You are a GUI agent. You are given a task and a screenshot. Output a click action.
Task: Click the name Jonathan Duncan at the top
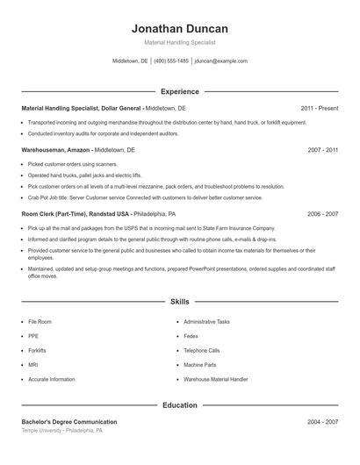click(179, 28)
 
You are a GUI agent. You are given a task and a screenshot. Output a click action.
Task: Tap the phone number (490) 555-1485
click(171, 61)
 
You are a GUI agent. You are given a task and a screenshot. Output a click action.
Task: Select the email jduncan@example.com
click(221, 61)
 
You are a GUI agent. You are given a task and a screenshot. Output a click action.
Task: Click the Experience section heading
click(179, 91)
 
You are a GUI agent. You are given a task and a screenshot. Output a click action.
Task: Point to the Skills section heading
click(179, 302)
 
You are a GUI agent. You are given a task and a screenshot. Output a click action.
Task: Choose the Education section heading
click(179, 405)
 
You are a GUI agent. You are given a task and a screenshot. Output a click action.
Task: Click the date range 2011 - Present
click(319, 108)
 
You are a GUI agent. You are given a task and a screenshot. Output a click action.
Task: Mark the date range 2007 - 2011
click(323, 150)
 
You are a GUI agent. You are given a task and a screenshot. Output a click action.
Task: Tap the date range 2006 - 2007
click(323, 213)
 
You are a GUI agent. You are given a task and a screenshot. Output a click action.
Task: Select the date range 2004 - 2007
click(323, 422)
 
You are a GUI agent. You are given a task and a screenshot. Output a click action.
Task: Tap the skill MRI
click(33, 364)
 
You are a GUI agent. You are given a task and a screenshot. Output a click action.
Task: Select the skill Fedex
click(191, 336)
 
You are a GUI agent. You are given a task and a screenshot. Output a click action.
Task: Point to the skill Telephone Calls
click(201, 350)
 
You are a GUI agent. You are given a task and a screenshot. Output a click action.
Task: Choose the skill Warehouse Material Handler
click(216, 378)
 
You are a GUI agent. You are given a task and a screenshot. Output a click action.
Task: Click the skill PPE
click(33, 336)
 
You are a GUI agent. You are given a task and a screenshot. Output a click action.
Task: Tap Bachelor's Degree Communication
click(68, 422)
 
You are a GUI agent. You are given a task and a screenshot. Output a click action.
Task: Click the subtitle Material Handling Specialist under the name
click(179, 42)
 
